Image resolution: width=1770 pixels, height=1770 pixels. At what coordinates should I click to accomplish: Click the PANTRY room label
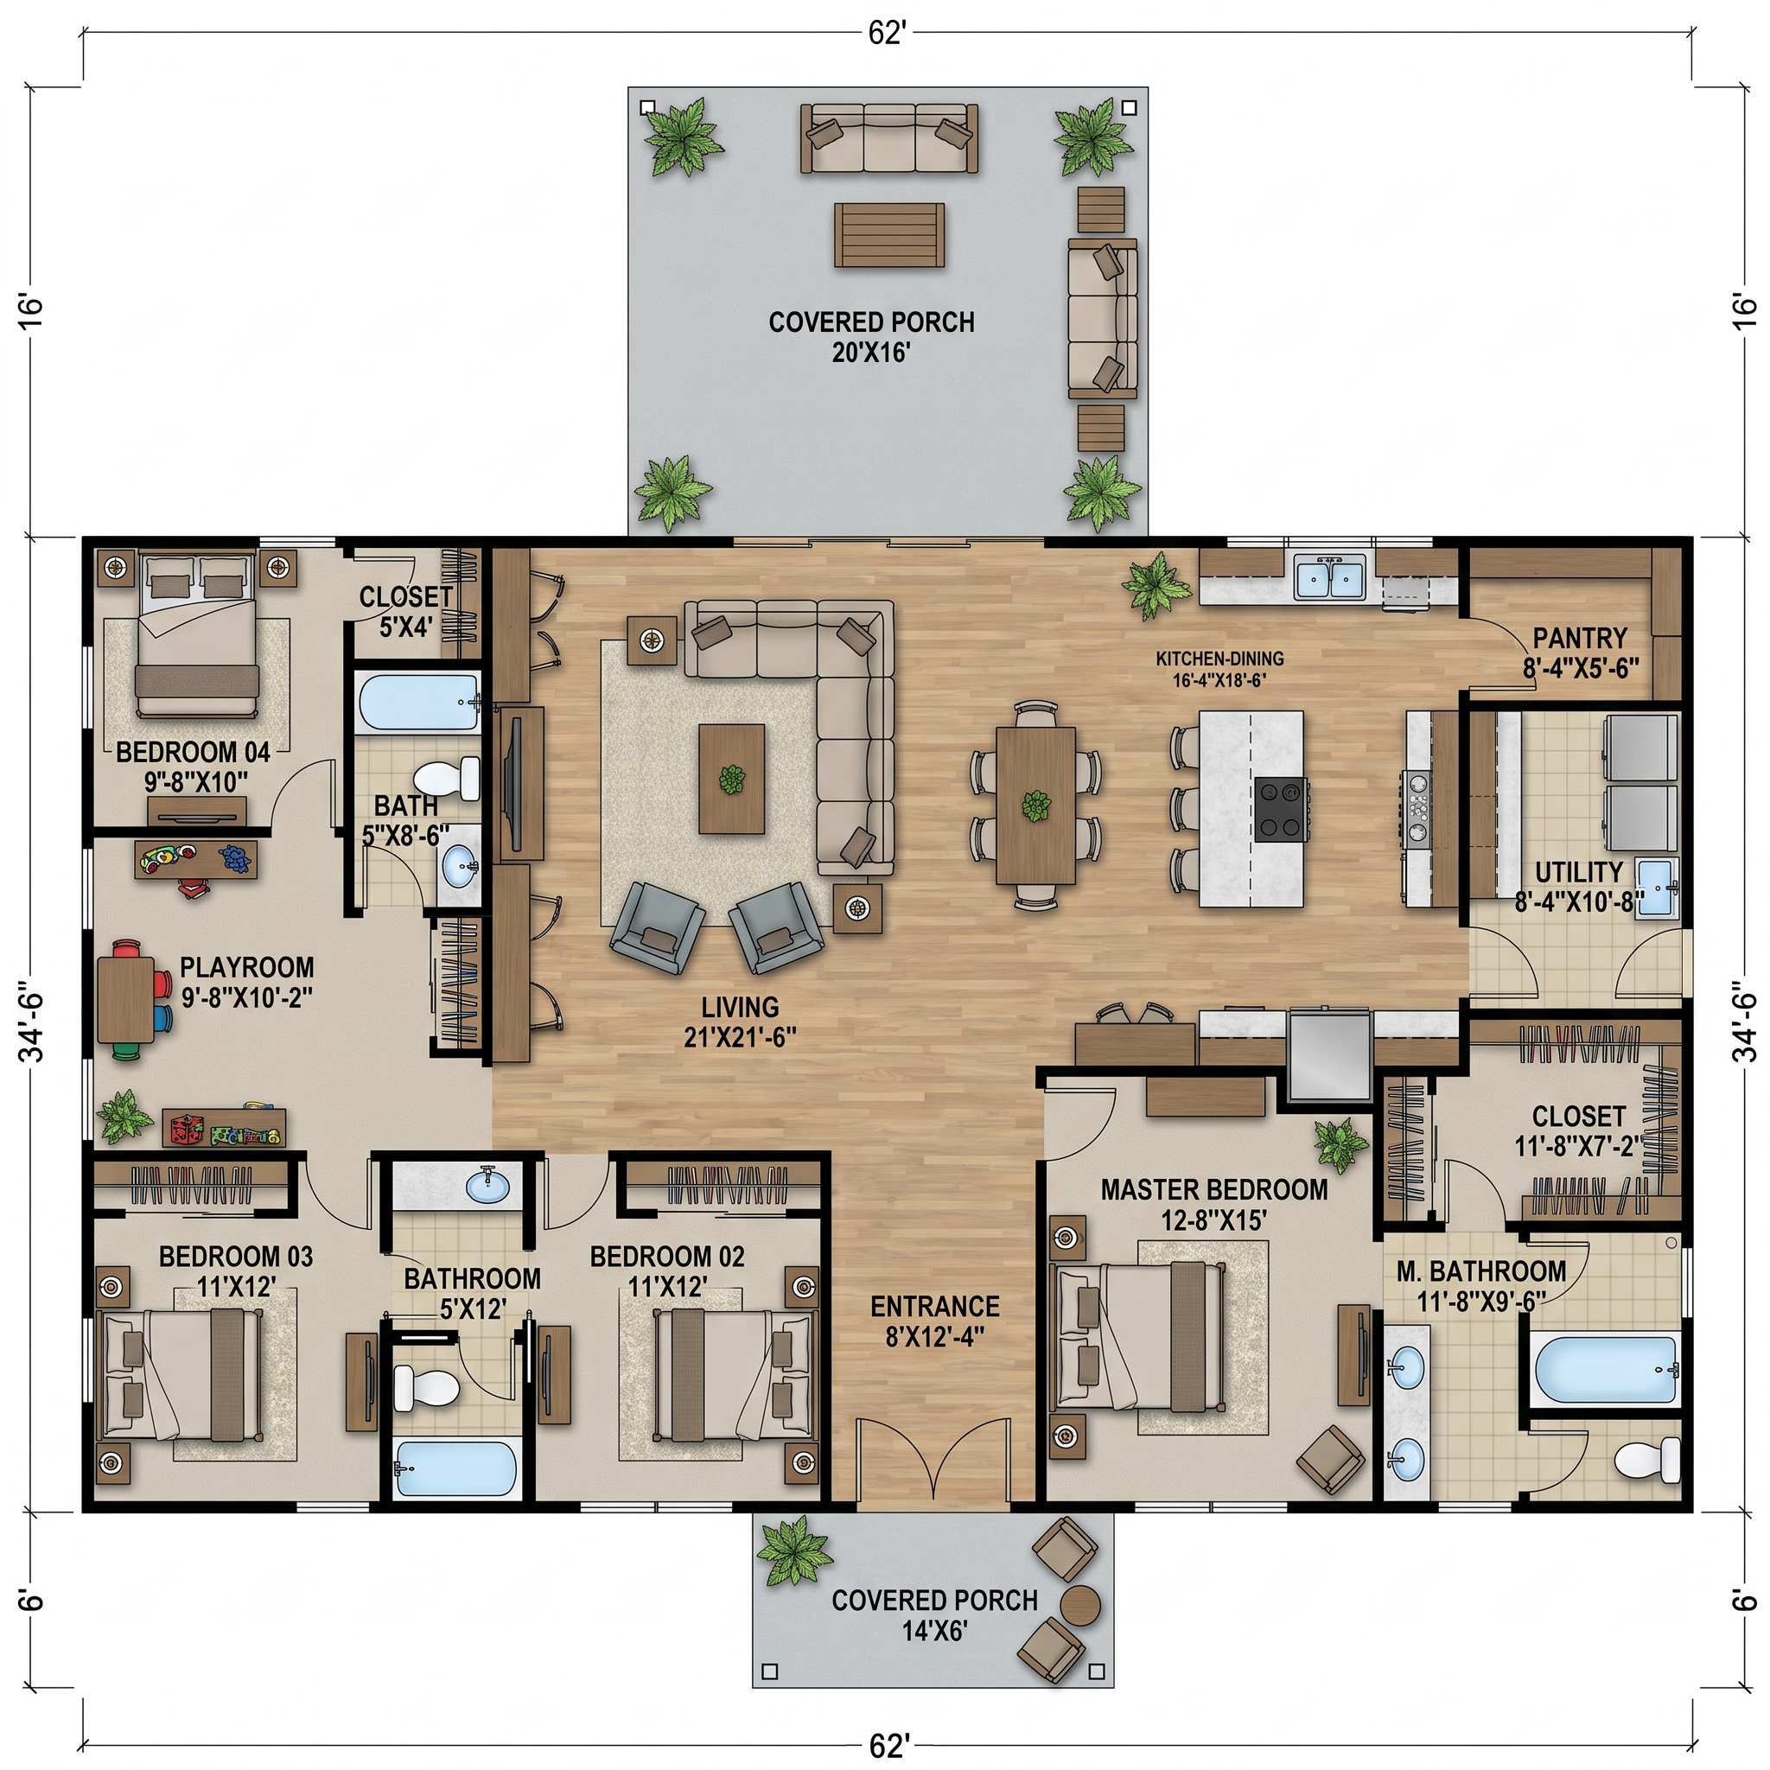(1580, 638)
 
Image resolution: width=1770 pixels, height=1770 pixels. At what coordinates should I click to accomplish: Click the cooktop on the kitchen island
(1282, 809)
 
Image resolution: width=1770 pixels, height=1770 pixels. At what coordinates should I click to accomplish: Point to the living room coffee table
(731, 779)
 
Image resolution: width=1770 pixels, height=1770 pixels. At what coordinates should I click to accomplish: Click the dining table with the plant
(1036, 805)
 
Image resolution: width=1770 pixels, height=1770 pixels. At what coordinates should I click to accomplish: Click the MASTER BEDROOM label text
(1214, 1190)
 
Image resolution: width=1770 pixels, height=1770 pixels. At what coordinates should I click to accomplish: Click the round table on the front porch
(1081, 1604)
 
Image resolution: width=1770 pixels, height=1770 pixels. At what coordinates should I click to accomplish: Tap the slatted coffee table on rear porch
(888, 235)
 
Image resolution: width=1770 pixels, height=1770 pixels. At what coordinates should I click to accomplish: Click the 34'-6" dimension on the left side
(33, 1026)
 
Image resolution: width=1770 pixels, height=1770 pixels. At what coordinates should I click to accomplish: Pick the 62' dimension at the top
(887, 33)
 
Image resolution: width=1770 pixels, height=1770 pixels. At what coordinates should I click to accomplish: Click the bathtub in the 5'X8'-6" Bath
(417, 702)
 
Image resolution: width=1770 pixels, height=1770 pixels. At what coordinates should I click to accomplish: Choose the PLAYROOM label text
(246, 966)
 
